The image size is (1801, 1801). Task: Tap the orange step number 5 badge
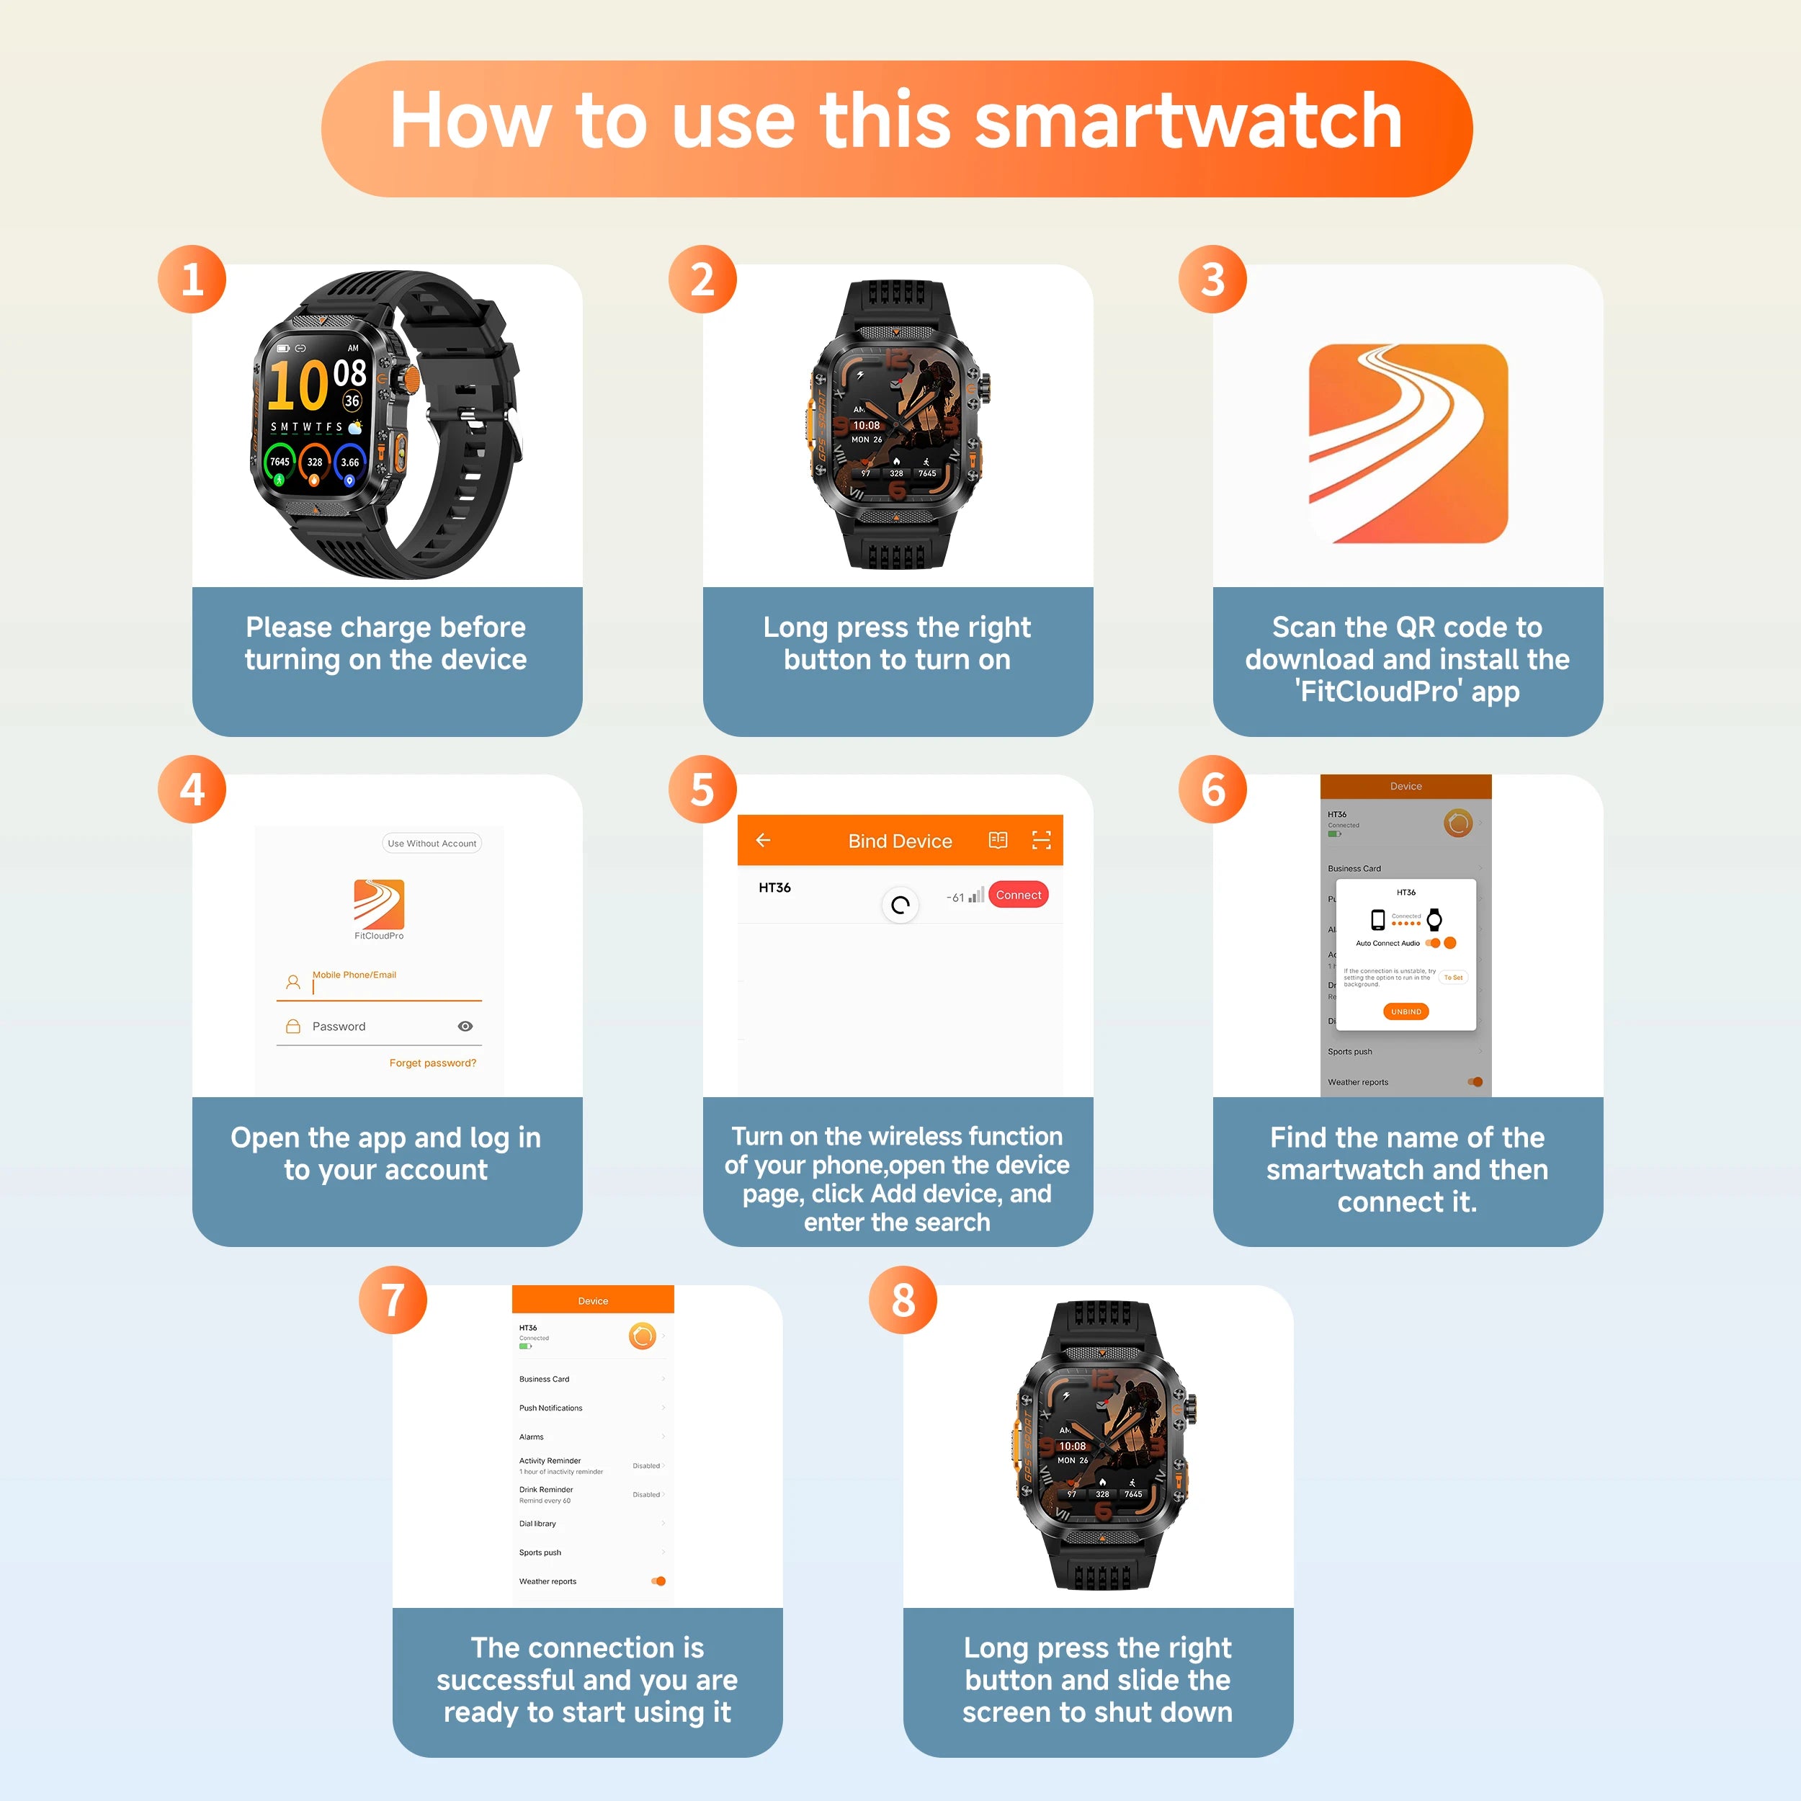click(x=702, y=789)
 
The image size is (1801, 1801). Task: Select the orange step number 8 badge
click(x=903, y=1300)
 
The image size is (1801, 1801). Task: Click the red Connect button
click(x=1018, y=895)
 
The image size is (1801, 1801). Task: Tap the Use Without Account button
click(x=432, y=843)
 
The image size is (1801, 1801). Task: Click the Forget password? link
click(x=432, y=1063)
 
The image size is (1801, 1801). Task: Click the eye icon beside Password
click(x=465, y=1027)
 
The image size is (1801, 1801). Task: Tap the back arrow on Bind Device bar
click(x=762, y=840)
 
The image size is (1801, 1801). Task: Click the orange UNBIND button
click(x=1406, y=1011)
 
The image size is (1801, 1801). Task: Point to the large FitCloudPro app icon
click(x=1408, y=444)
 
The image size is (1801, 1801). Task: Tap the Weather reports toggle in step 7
click(x=658, y=1581)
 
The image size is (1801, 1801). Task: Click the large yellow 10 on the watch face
click(x=298, y=386)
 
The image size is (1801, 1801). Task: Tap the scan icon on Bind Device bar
click(x=1041, y=840)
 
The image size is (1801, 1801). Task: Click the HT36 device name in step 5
click(x=774, y=888)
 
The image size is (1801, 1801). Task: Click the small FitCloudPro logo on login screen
click(x=378, y=903)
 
